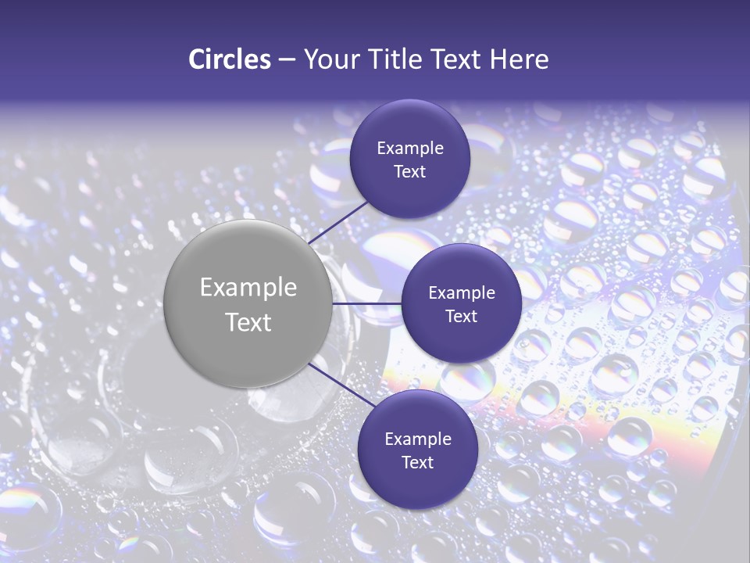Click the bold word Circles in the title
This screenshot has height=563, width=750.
230,59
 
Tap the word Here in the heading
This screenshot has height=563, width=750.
518,59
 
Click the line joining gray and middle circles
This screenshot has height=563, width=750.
367,303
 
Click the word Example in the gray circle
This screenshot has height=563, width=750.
248,287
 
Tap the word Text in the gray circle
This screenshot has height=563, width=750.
248,322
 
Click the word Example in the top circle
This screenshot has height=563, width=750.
410,148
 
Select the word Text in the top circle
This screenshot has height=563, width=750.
410,171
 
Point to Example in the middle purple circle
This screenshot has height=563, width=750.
462,292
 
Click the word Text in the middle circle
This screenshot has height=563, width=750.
462,316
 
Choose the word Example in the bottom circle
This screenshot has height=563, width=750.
418,439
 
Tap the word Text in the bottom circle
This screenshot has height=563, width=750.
418,462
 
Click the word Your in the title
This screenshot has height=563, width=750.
330,59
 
